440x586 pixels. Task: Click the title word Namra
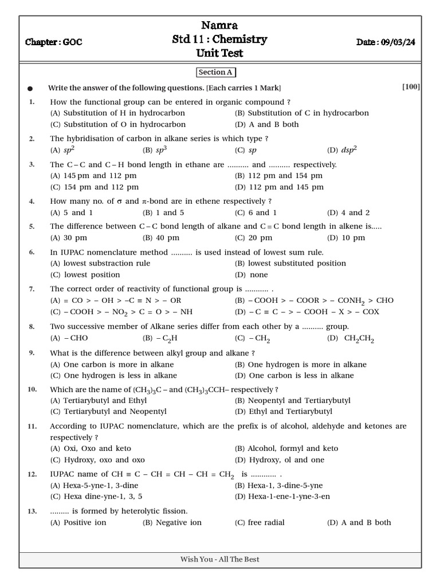coord(220,25)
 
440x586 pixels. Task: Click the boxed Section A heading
coord(216,73)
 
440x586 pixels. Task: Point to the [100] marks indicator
coord(411,87)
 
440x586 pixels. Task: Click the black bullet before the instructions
coord(30,89)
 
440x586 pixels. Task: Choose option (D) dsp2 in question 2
coord(342,150)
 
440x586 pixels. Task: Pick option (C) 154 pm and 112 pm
coord(94,187)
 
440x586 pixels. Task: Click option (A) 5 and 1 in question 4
coord(72,212)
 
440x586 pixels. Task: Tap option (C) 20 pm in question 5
coord(253,237)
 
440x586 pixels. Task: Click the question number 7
coord(32,288)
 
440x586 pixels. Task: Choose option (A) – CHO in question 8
coord(69,338)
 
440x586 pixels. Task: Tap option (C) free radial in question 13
coord(260,522)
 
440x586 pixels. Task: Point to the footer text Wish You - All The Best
coord(220,559)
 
